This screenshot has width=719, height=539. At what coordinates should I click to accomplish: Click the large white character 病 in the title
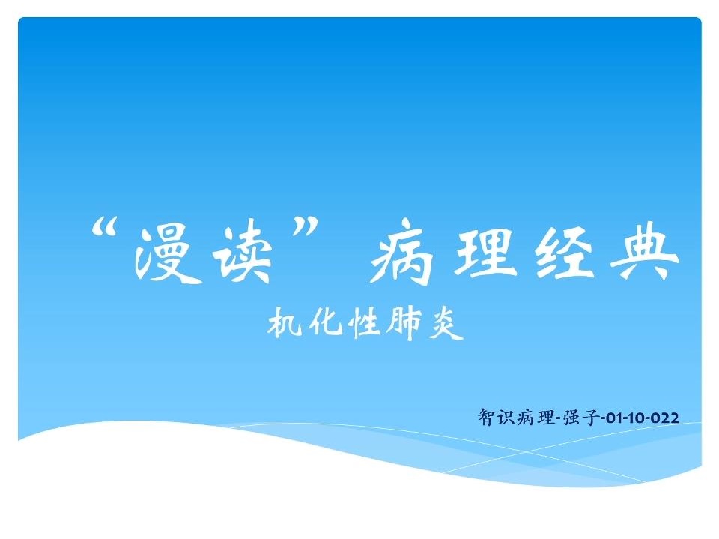(x=402, y=252)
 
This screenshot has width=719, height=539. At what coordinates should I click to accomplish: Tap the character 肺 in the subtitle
(x=404, y=323)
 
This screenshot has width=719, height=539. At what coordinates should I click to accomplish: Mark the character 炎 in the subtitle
(x=446, y=323)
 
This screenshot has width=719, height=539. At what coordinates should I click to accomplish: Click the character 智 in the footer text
(x=486, y=417)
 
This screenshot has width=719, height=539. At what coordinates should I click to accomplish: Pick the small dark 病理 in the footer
(x=536, y=417)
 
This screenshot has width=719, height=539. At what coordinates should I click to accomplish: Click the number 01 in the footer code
(x=612, y=418)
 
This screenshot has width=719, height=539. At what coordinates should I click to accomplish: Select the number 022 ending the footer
(x=664, y=418)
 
